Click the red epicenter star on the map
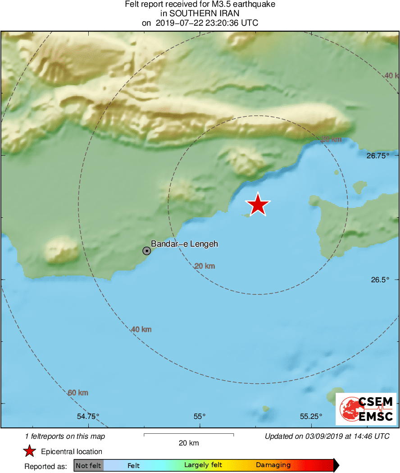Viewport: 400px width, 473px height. (x=258, y=205)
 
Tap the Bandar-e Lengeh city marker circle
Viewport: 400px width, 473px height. (x=147, y=251)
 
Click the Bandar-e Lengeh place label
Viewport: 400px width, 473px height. (x=184, y=244)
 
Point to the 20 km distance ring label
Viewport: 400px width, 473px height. (x=205, y=266)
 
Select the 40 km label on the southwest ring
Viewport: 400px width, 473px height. (x=141, y=330)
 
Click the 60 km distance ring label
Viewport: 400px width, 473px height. (x=78, y=393)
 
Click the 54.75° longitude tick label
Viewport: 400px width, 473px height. (x=88, y=416)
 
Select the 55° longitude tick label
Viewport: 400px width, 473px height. (x=200, y=416)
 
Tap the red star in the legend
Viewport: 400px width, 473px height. (x=30, y=451)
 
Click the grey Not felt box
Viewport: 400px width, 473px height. (x=88, y=465)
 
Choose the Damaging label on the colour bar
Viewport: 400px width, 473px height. (x=273, y=465)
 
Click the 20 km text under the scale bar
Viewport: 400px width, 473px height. (x=188, y=443)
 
